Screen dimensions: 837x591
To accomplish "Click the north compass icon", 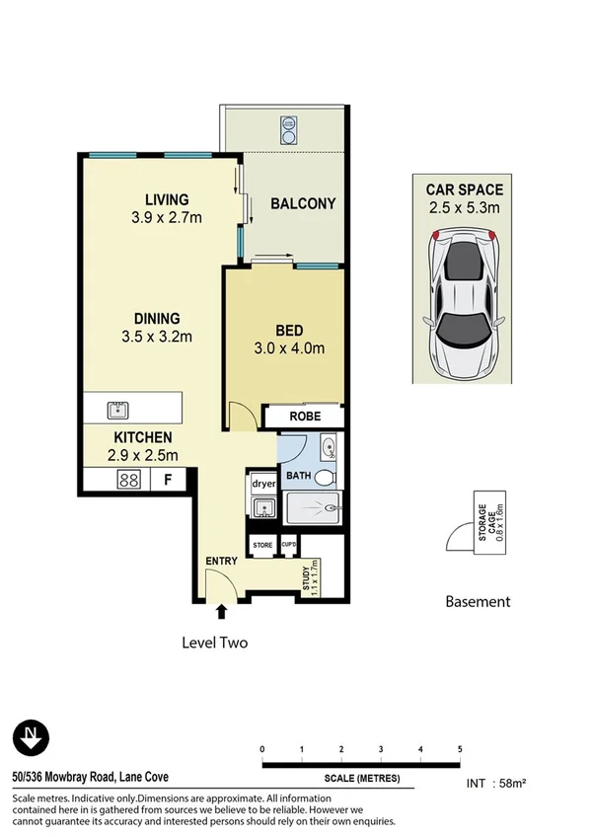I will click(x=32, y=736).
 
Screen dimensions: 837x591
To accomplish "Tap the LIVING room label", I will click(x=166, y=198).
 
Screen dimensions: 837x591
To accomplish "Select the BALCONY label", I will click(x=303, y=204).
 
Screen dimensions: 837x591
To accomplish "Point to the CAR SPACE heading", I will click(x=464, y=190).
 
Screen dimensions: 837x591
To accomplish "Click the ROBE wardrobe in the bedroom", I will click(x=304, y=417).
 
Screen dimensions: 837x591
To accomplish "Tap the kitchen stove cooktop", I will click(x=128, y=481).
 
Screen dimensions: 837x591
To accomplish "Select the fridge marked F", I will click(x=168, y=481).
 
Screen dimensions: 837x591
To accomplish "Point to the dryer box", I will click(x=262, y=484).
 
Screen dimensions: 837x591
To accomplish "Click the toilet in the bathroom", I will click(x=327, y=477).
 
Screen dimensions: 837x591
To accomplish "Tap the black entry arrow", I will click(x=220, y=613).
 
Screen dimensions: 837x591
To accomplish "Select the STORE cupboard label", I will click(x=262, y=545).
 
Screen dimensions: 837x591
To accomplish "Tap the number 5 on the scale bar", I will click(x=460, y=749).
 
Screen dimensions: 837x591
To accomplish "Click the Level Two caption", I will click(x=214, y=643).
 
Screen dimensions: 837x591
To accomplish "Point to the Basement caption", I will click(x=478, y=601).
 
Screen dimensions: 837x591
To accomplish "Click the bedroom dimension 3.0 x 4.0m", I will click(x=289, y=347).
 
